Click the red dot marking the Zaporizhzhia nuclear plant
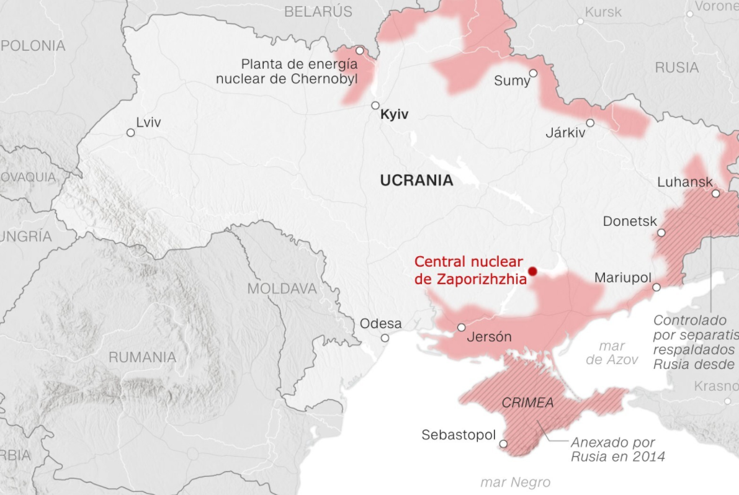[532, 271]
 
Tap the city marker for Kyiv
[375, 105]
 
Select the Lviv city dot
[130, 133]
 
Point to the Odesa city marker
[385, 338]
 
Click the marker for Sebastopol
[503, 444]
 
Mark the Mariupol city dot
[656, 287]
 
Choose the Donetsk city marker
[661, 233]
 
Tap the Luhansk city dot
[715, 194]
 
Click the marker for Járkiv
[590, 123]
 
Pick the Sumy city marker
[533, 73]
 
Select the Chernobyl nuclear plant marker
[360, 50]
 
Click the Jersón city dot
[461, 327]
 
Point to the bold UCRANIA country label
[416, 181]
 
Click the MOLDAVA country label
[282, 288]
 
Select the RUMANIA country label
[142, 357]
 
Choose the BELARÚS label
[318, 11]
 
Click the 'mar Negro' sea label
[516, 483]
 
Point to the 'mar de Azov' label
[612, 353]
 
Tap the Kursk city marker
[581, 21]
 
